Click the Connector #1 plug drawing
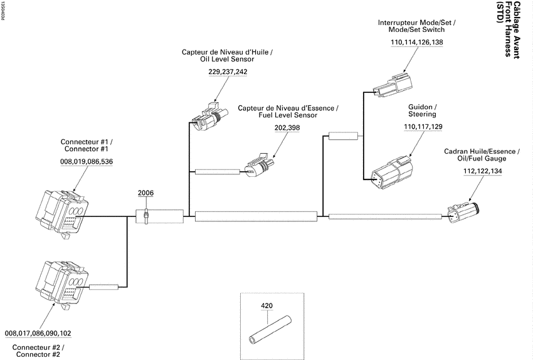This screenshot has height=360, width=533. pyautogui.click(x=62, y=213)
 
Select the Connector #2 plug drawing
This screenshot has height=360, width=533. pyautogui.click(x=62, y=285)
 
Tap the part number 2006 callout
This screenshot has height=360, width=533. pyautogui.click(x=145, y=193)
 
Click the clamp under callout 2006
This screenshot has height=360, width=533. pyautogui.click(x=146, y=216)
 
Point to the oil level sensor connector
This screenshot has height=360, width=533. pyautogui.click(x=209, y=116)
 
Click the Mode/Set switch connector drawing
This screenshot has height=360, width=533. pyautogui.click(x=393, y=85)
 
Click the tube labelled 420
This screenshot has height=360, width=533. pyautogui.click(x=271, y=330)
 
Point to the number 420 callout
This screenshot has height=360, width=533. pyautogui.click(x=267, y=306)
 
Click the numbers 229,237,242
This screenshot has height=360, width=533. pyautogui.click(x=228, y=71)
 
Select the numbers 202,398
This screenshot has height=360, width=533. pyautogui.click(x=287, y=128)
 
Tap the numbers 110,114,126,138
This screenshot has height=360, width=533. pyautogui.click(x=417, y=42)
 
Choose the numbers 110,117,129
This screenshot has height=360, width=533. pyautogui.click(x=423, y=127)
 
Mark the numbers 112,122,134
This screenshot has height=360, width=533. pyautogui.click(x=483, y=171)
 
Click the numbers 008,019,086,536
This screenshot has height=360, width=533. pyautogui.click(x=87, y=161)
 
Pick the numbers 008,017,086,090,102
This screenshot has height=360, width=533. pyautogui.click(x=38, y=333)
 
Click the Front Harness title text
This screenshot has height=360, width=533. pyautogui.click(x=509, y=29)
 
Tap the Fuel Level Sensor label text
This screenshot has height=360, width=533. pyautogui.click(x=288, y=115)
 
